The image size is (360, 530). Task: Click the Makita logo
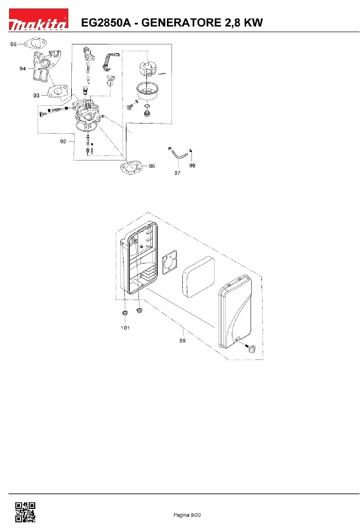(38, 19)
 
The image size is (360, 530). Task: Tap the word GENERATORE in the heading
(181, 23)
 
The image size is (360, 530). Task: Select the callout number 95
(14, 44)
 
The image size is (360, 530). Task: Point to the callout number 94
(22, 69)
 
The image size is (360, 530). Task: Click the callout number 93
(36, 96)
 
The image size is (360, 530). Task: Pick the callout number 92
(63, 141)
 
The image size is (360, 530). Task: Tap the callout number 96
(152, 166)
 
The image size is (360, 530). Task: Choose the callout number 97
(177, 172)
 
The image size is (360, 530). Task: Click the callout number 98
(192, 165)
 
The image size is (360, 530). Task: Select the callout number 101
(125, 327)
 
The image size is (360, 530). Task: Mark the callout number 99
(182, 340)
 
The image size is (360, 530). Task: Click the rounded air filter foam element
(199, 276)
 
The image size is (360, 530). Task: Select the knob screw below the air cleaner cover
(251, 348)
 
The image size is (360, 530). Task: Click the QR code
(25, 512)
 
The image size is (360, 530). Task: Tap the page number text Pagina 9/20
(187, 515)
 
